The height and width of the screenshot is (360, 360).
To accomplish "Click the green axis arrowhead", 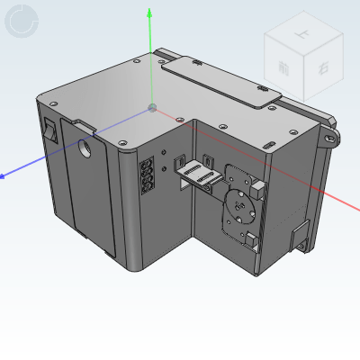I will click(151, 13).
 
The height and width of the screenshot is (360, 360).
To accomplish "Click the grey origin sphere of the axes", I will click(152, 108).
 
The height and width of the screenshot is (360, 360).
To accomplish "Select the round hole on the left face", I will click(86, 148).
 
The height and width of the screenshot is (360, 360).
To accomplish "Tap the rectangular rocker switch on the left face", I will click(49, 131).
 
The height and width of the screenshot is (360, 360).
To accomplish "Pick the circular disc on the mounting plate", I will click(240, 204).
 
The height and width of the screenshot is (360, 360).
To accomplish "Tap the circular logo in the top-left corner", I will click(22, 22).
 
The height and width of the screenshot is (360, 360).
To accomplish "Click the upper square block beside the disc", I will click(258, 188).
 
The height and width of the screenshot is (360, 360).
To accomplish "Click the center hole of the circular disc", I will click(240, 204).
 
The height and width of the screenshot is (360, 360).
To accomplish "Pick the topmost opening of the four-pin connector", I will click(145, 164).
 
